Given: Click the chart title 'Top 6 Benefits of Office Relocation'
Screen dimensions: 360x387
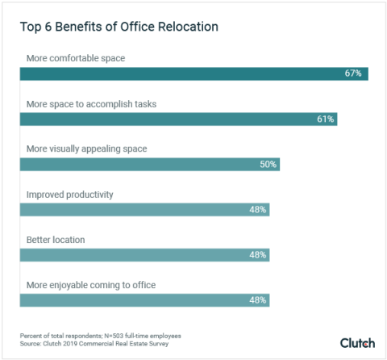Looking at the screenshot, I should pyautogui.click(x=119, y=27).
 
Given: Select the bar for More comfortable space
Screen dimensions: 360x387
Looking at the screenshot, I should pyautogui.click(x=193, y=73).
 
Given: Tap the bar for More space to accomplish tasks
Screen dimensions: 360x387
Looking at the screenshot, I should pyautogui.click(x=177, y=119).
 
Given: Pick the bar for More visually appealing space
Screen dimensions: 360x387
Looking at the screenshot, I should pyautogui.click(x=149, y=164).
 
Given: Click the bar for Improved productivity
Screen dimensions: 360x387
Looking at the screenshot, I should pyautogui.click(x=144, y=209).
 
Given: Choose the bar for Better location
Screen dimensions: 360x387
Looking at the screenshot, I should pyautogui.click(x=144, y=254).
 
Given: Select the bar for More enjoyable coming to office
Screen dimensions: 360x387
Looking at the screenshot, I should pyautogui.click(x=144, y=299).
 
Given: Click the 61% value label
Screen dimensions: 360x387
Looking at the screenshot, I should pyautogui.click(x=325, y=119).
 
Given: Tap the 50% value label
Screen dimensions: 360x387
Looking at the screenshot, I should pyautogui.click(x=268, y=164).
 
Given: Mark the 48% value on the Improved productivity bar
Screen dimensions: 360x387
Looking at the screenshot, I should pyautogui.click(x=258, y=209).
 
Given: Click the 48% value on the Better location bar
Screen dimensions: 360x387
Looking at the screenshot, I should pyautogui.click(x=258, y=254).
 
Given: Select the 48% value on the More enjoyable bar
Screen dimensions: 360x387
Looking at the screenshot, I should pyautogui.click(x=258, y=299).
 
